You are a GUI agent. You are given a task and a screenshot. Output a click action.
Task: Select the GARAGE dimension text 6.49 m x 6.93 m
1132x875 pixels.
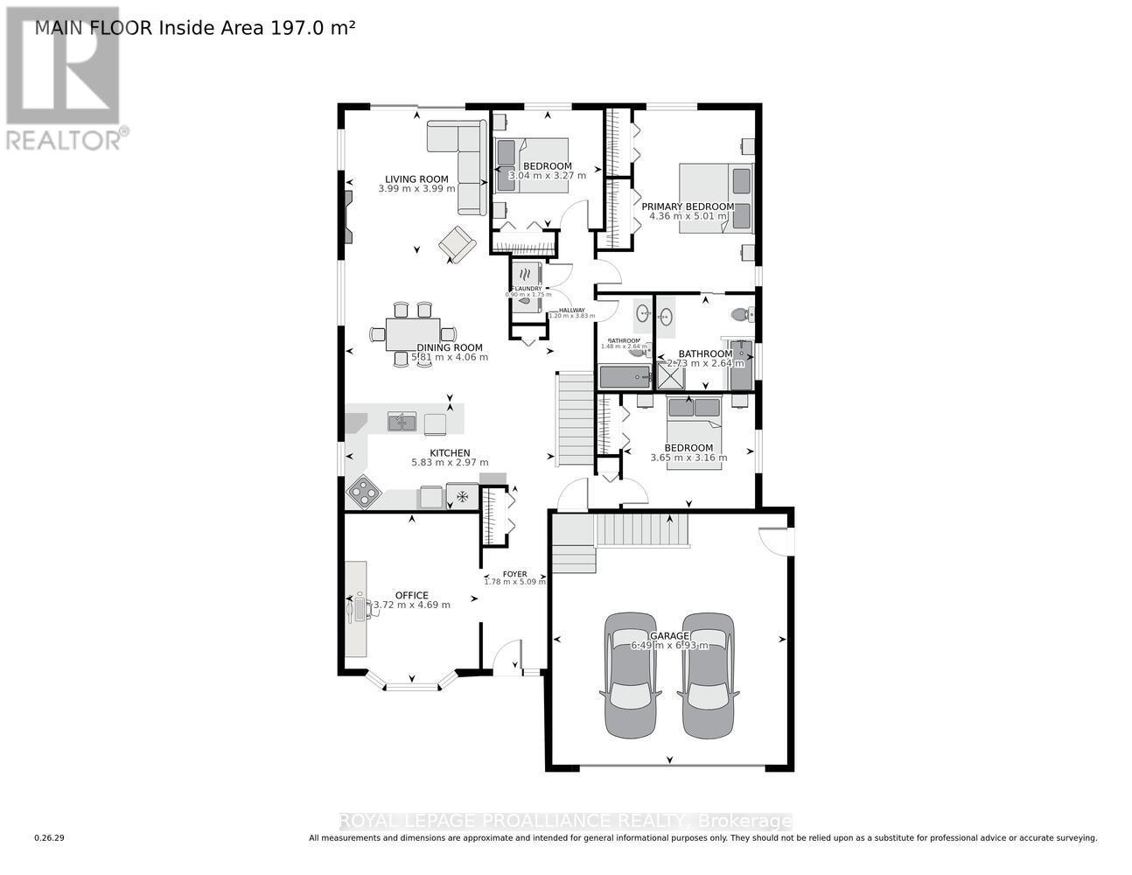pyautogui.click(x=669, y=646)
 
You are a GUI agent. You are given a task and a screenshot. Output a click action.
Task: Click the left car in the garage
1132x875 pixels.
pyautogui.click(x=632, y=674)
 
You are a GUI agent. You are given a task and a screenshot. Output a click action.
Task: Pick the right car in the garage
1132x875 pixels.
pyautogui.click(x=708, y=674)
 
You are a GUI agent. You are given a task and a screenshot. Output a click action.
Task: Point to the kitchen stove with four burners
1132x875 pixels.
pyautogui.click(x=364, y=493)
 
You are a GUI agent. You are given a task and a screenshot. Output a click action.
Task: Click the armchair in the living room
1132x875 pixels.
pyautogui.click(x=457, y=243)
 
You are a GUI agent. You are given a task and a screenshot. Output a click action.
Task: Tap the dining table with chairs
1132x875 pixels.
pyautogui.click(x=413, y=333)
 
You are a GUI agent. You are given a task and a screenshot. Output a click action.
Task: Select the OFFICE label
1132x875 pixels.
pyautogui.click(x=411, y=595)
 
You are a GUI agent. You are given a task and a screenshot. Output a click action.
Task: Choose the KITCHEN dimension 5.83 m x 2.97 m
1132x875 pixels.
pyautogui.click(x=450, y=463)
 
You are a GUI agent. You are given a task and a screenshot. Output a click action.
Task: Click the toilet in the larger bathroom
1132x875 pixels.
pyautogui.click(x=742, y=313)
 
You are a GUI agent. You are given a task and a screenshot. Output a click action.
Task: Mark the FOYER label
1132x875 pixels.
pyautogui.click(x=514, y=574)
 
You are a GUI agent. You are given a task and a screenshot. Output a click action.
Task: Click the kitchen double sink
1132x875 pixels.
pyautogui.click(x=402, y=423)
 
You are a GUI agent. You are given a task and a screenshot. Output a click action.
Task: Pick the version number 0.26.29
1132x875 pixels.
pyautogui.click(x=50, y=838)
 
